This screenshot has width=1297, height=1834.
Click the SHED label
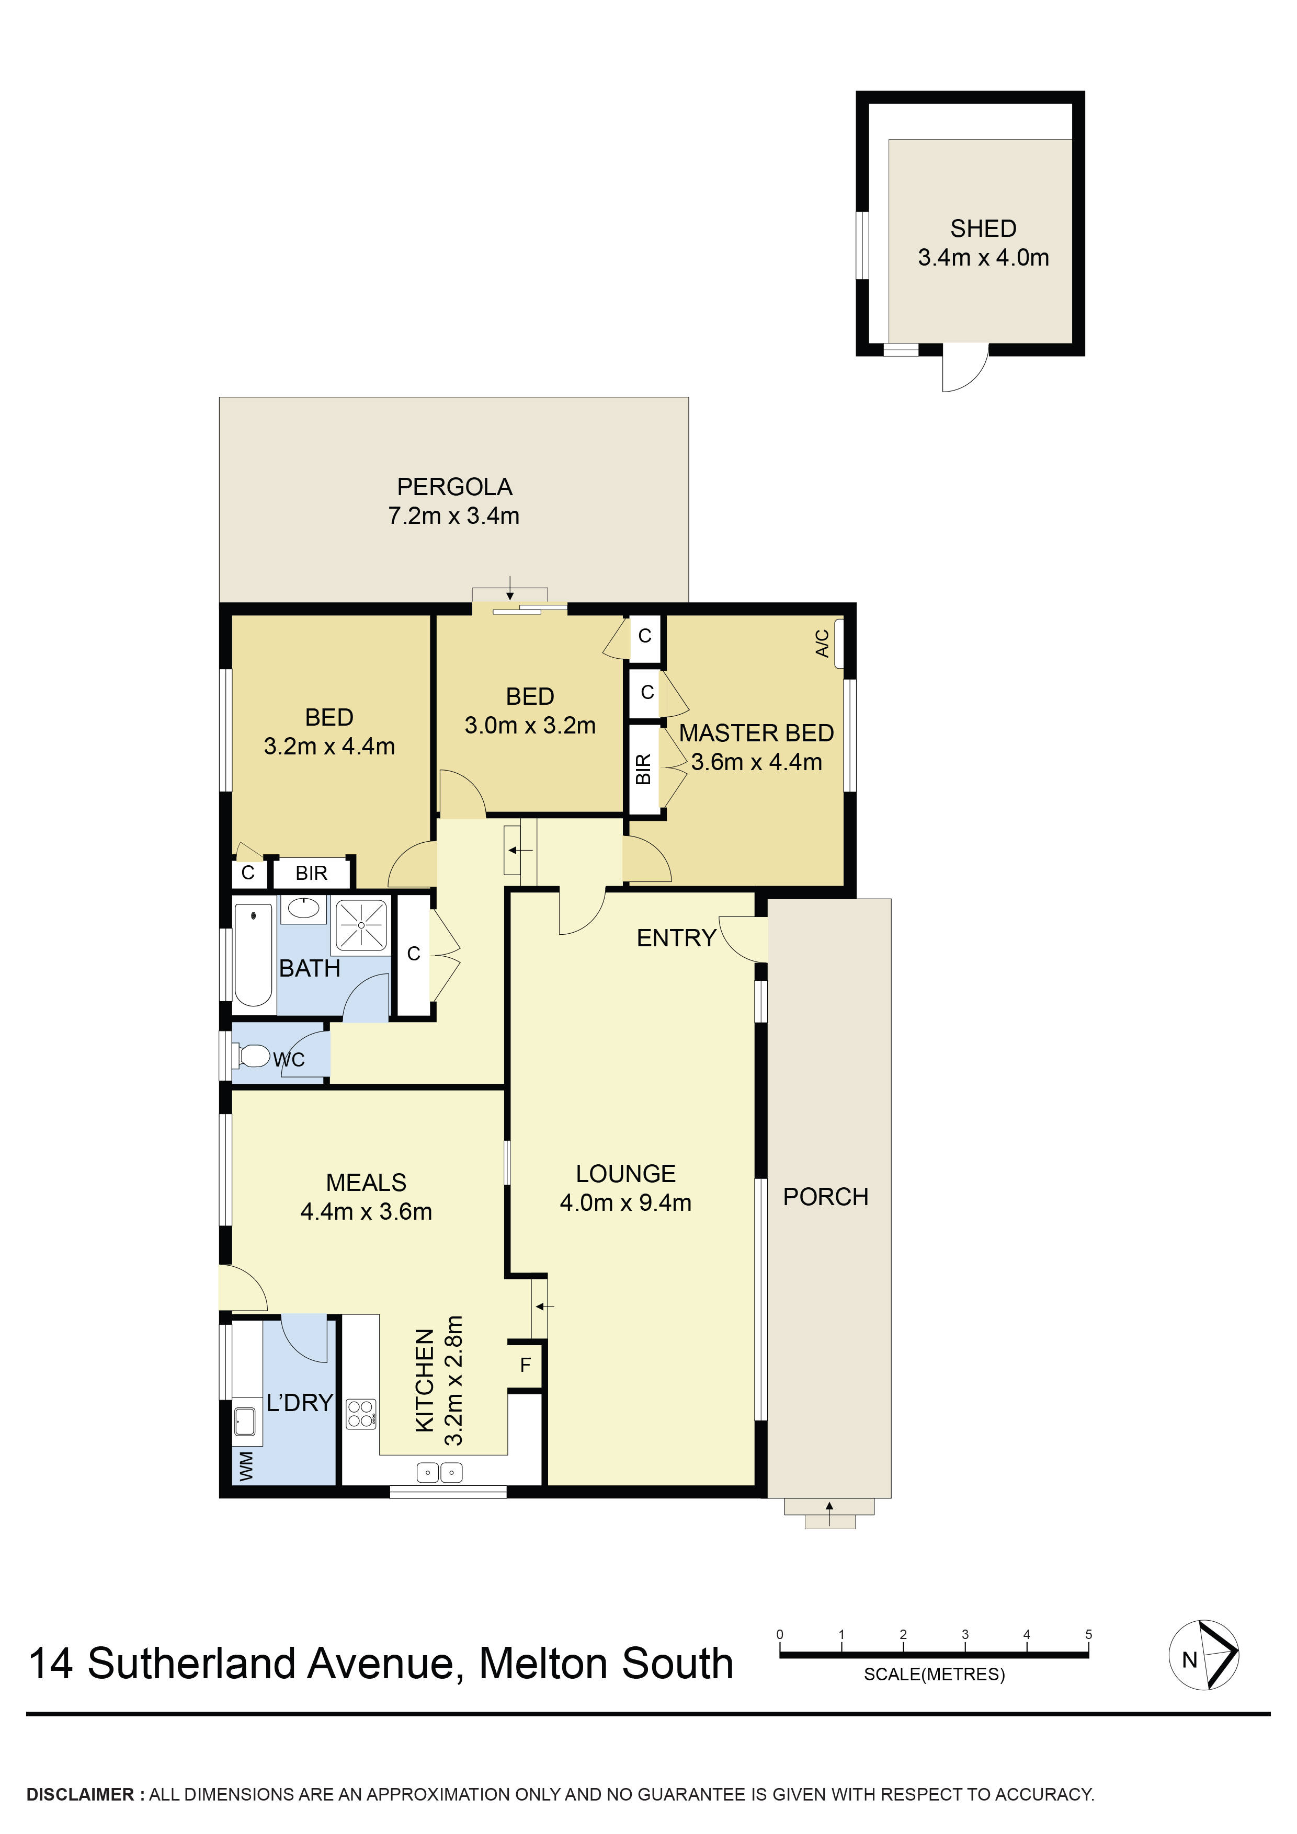pos(982,228)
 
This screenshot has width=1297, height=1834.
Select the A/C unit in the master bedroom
pos(838,643)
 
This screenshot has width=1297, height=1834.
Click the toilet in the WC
pos(254,1056)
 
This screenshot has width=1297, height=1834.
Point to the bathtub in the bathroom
pos(253,955)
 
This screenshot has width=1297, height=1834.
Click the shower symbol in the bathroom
pos(361,925)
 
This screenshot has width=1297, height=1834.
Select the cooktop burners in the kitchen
pos(360,1414)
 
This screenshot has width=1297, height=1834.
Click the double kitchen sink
pos(439,1471)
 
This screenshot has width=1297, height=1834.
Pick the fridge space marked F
pos(525,1365)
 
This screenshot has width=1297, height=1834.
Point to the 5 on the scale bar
pos(1088,1634)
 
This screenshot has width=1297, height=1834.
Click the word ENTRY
pos(676,938)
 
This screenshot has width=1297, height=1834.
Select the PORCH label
pos(825,1197)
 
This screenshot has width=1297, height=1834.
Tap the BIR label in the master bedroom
pos(643,769)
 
